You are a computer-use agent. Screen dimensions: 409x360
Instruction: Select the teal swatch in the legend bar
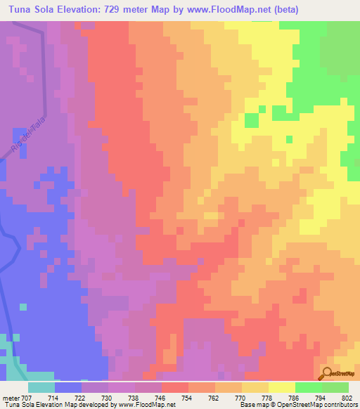click(41, 387)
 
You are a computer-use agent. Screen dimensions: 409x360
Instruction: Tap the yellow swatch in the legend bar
click(282, 387)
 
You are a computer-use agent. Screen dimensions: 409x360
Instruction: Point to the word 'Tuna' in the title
click(18, 10)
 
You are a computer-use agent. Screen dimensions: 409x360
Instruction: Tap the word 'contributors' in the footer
click(340, 405)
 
